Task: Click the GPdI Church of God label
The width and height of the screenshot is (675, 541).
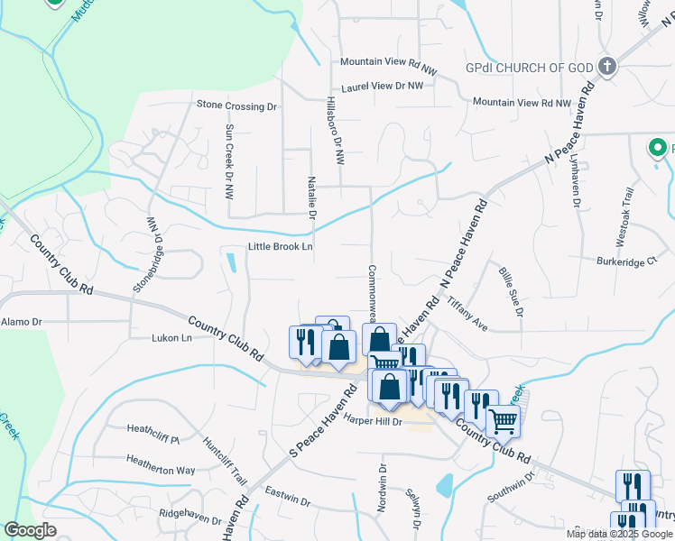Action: coord(528,68)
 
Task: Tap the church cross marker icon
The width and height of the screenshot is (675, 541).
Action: coord(606,66)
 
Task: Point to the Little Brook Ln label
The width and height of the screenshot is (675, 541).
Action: coord(280,247)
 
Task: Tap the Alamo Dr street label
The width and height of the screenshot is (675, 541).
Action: coord(22,321)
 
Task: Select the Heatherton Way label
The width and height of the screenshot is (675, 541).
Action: coord(161,470)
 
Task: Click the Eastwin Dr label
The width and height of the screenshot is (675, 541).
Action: coord(288,494)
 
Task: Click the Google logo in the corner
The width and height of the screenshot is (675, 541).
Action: coord(30,530)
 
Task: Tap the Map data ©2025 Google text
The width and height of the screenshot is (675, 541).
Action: coord(619,534)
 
